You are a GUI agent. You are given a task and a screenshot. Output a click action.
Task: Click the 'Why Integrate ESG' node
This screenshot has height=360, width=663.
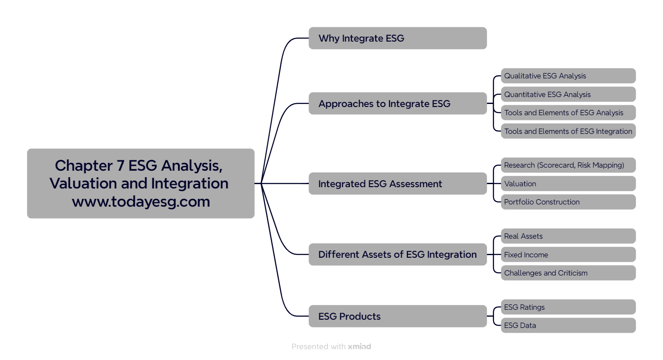coord(397,38)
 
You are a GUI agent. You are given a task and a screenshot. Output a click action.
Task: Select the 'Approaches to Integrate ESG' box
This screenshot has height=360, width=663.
coord(397,104)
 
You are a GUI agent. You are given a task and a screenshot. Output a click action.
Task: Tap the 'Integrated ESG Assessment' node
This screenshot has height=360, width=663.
coord(397,184)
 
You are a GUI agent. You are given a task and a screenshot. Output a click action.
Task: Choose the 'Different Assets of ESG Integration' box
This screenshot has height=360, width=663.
coord(397,254)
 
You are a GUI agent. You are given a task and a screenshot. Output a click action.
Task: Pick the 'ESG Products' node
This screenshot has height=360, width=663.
coord(397,316)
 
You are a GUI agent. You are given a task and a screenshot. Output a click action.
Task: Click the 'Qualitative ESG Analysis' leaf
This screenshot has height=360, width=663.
coord(568,76)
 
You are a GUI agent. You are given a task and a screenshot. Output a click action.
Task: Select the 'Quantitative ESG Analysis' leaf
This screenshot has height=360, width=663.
coord(568,94)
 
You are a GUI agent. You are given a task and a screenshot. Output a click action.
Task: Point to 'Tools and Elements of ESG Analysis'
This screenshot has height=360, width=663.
coord(568,113)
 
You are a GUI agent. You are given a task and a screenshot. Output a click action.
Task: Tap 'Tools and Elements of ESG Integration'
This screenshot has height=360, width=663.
coord(568,131)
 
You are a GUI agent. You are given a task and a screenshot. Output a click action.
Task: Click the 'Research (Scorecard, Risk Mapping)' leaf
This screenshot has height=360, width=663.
coord(568,165)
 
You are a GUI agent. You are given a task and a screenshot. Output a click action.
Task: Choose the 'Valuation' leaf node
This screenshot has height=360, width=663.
coord(568,184)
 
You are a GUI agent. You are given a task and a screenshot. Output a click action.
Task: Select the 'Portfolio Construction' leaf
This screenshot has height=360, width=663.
coord(568,202)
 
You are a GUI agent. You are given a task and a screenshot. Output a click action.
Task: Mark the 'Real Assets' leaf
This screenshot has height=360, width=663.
coord(568,236)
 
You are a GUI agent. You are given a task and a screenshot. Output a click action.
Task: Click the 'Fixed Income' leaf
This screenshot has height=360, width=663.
coord(568,255)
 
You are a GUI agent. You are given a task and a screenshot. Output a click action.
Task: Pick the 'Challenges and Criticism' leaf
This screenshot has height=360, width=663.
coord(568,273)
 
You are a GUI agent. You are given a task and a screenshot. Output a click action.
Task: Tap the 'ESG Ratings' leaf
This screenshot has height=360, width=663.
coord(568,307)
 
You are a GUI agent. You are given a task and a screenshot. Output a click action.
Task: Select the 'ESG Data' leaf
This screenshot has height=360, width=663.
coord(568,325)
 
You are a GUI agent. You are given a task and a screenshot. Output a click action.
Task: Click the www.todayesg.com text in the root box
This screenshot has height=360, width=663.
coord(141,202)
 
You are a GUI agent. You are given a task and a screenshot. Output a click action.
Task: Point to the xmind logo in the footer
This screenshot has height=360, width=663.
coord(359,347)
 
